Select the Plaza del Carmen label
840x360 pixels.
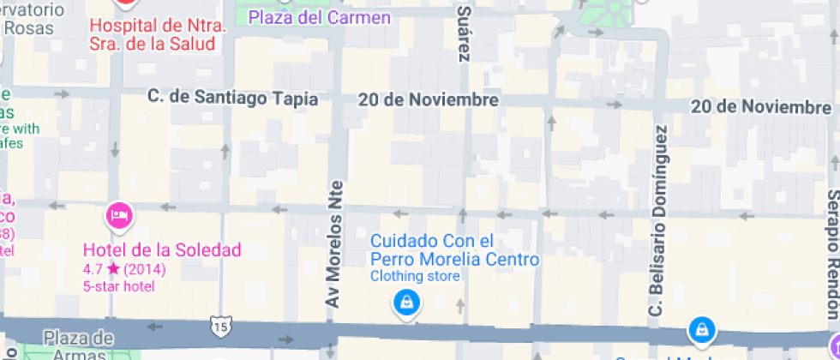[x=319, y=17]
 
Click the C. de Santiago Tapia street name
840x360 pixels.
[x=232, y=99]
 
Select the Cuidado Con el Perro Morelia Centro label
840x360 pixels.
[x=454, y=250]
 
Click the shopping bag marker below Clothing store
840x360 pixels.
[x=405, y=302]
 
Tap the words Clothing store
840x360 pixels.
[x=415, y=276]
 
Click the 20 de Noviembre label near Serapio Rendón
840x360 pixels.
[x=760, y=107]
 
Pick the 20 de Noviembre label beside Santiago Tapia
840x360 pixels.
[x=429, y=99]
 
